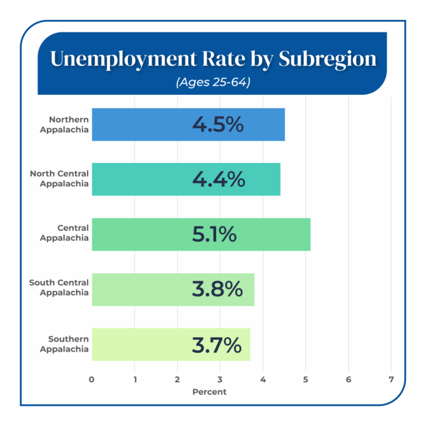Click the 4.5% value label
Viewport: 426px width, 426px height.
coord(218,124)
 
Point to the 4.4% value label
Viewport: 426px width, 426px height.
coord(218,180)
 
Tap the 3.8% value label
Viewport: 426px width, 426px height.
coord(217,290)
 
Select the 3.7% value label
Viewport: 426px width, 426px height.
coord(217,344)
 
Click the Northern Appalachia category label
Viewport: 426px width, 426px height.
coord(65,124)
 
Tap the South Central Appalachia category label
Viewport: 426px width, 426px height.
coord(60,288)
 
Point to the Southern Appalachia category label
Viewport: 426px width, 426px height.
coord(65,344)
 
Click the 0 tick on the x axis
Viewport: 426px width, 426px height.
coord(91,380)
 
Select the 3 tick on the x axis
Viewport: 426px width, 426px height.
coord(220,380)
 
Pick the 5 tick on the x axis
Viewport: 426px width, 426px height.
coord(306,380)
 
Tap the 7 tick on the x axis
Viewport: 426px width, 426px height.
coord(391,380)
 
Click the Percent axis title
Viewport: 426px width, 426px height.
coord(209,392)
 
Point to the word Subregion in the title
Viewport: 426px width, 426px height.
coord(327,59)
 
